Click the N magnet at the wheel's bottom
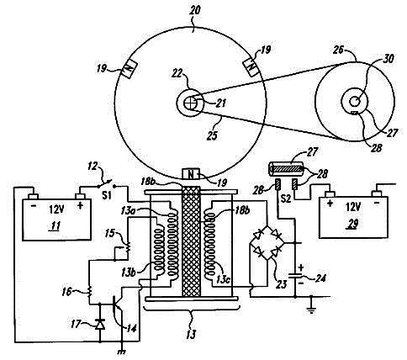(x=191, y=174)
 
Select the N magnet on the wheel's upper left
(x=129, y=70)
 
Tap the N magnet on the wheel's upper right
(x=251, y=67)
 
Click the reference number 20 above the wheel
(x=195, y=11)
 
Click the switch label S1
(x=107, y=195)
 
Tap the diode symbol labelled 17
(x=100, y=325)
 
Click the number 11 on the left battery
(x=56, y=226)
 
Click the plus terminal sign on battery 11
(x=80, y=205)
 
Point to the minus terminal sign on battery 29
(x=377, y=202)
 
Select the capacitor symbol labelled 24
(x=295, y=275)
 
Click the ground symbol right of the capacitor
(x=311, y=309)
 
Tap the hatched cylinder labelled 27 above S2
(x=287, y=169)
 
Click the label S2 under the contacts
(x=286, y=199)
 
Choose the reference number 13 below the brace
(x=191, y=334)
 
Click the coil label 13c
(x=224, y=279)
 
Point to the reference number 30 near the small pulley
(x=388, y=59)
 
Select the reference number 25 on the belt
(x=213, y=135)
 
